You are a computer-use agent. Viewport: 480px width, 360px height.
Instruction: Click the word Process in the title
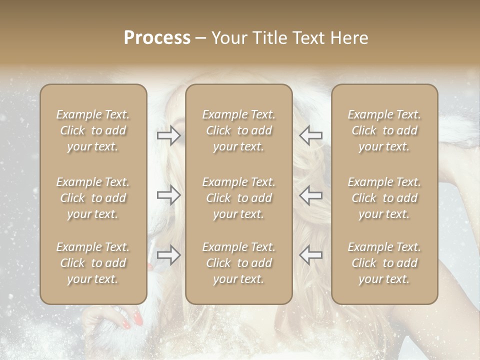tap(157, 38)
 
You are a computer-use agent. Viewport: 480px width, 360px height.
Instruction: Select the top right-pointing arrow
tap(168, 135)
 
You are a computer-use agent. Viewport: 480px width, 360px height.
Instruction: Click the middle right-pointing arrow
tap(168, 195)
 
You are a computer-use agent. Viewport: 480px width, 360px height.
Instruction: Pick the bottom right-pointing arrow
tap(168, 255)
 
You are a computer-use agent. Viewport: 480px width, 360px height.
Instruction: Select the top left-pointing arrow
tap(311, 135)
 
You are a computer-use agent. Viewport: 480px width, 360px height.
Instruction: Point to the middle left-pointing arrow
tap(311, 195)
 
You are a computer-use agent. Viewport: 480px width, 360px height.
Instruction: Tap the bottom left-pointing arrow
tap(311, 255)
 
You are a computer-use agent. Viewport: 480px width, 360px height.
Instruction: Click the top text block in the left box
tap(93, 130)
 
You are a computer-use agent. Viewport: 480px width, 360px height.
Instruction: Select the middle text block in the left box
tap(93, 198)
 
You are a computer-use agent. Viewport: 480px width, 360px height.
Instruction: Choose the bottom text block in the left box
tap(93, 263)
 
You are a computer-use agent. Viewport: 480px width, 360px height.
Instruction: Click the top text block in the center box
tap(239, 130)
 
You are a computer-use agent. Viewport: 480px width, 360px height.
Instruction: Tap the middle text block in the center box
tap(239, 198)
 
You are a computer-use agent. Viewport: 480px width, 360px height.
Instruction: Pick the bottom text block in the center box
tap(239, 263)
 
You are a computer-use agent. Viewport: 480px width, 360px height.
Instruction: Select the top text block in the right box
tap(384, 130)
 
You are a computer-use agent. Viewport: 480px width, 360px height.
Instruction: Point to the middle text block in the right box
tap(384, 198)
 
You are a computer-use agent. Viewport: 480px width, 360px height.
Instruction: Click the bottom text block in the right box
tap(384, 263)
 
